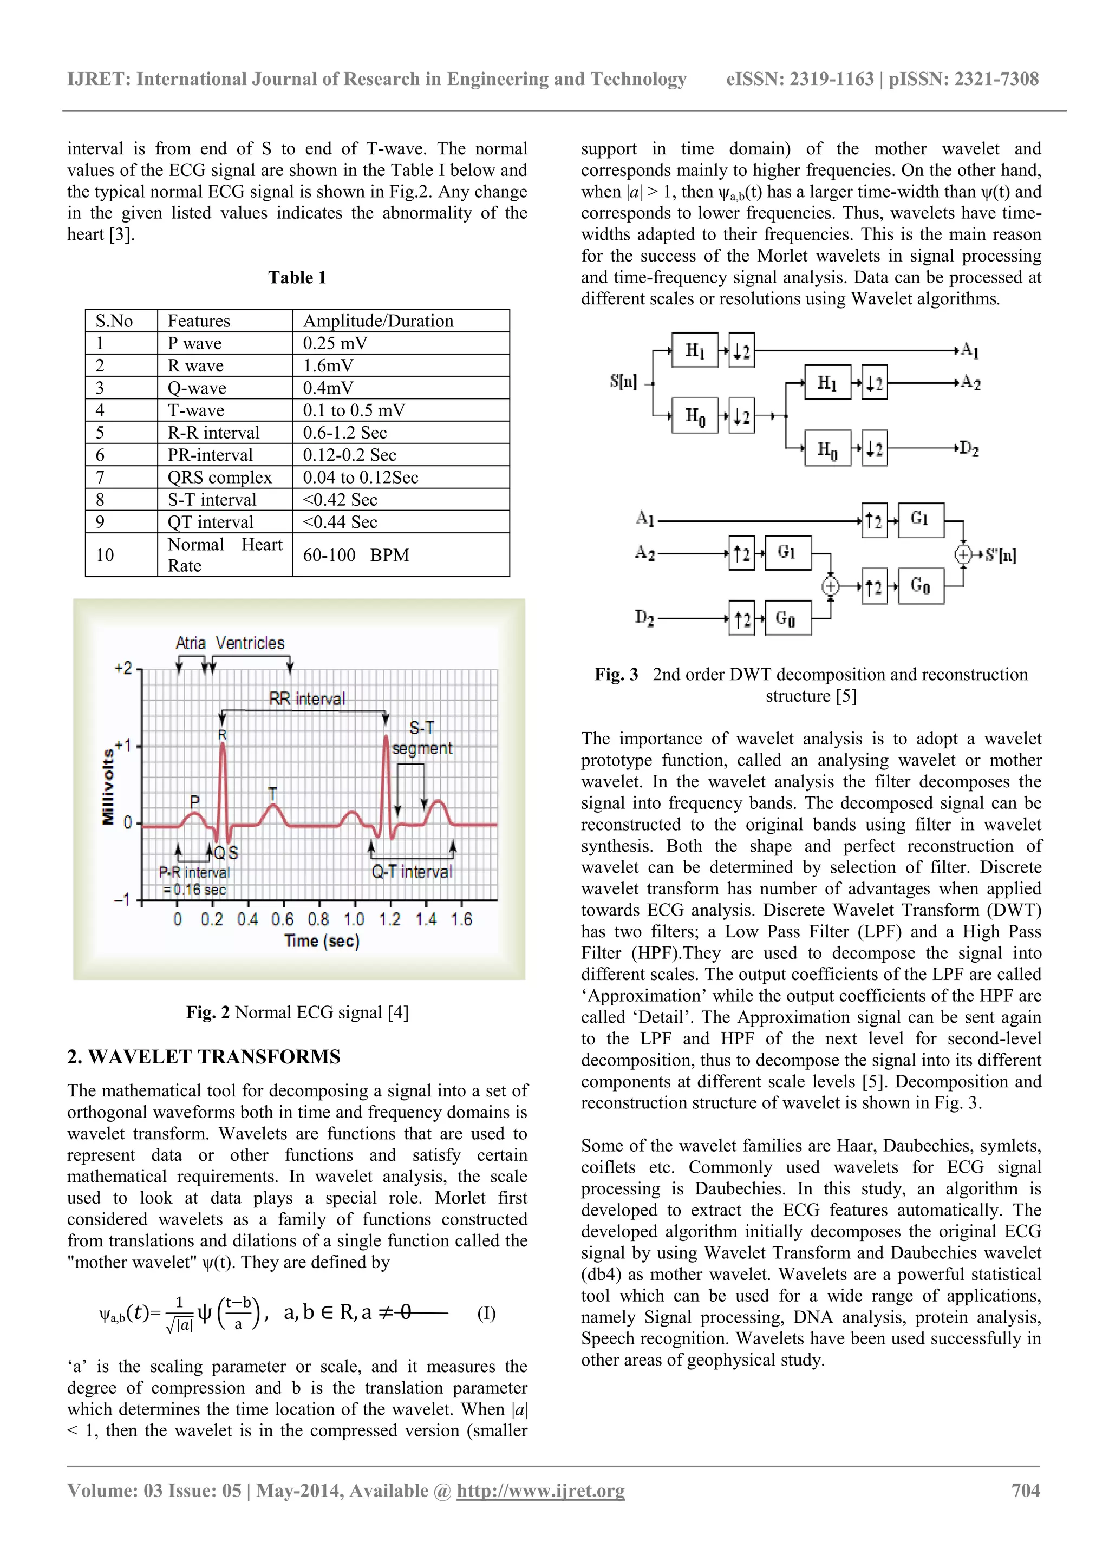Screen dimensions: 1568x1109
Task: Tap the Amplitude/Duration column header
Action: (377, 321)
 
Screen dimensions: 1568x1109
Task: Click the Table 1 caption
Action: (297, 277)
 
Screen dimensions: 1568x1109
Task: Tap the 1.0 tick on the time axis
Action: (354, 919)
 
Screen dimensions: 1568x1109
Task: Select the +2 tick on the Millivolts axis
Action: (123, 668)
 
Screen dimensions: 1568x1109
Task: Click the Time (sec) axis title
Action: (322, 941)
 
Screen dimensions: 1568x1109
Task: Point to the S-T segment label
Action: (422, 738)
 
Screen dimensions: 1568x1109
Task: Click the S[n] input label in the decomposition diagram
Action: (623, 382)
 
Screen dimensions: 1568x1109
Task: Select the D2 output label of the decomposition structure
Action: (968, 449)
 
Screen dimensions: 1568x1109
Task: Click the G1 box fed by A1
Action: (921, 520)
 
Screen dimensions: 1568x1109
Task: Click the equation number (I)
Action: (486, 1314)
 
